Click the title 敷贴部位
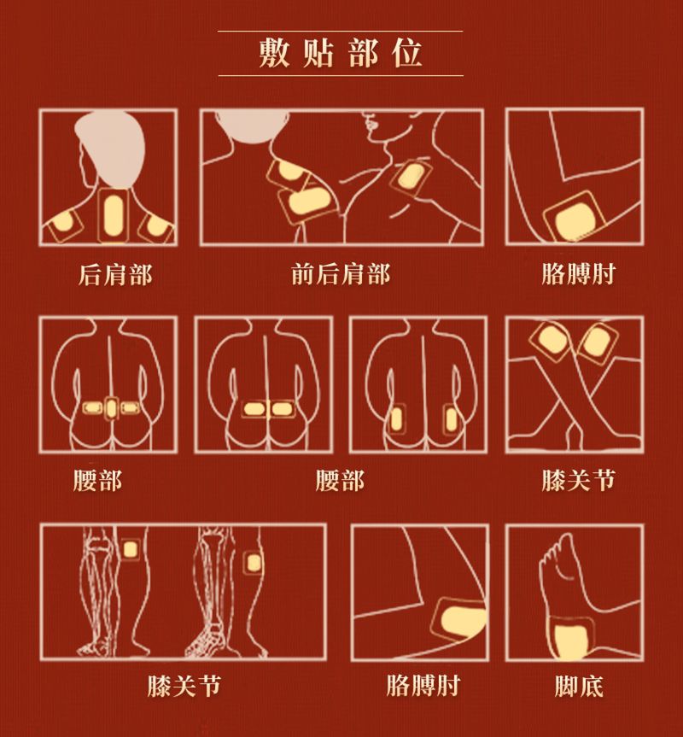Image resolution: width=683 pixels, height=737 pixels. (x=341, y=53)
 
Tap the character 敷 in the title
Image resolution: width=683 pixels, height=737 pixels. (x=274, y=53)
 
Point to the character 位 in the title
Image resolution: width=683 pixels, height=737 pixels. (x=407, y=53)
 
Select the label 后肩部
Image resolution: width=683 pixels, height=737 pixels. (x=115, y=274)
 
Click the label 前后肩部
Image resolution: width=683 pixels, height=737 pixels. (x=341, y=274)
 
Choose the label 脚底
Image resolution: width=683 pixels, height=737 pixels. (x=579, y=687)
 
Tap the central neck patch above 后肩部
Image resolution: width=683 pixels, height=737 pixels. (x=113, y=216)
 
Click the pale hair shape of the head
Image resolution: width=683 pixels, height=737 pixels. (x=110, y=147)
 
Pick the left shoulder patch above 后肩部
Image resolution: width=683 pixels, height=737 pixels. (x=65, y=226)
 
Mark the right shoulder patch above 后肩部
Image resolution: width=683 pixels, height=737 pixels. (x=158, y=226)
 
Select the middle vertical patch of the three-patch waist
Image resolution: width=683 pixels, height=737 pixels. (x=111, y=409)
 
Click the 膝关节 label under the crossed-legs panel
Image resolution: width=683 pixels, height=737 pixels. (x=579, y=480)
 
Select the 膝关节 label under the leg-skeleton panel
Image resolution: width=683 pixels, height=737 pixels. (x=184, y=687)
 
